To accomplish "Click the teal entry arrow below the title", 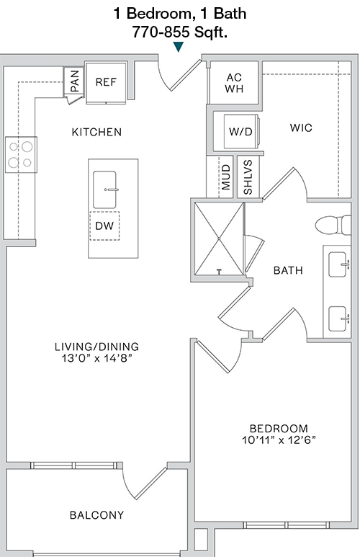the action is [x=179, y=47].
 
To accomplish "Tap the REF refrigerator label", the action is [x=106, y=82].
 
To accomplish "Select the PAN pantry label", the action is [x=75, y=81].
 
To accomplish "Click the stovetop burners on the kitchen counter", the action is [x=21, y=154].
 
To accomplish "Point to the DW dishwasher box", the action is [x=104, y=226].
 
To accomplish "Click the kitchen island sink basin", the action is [x=104, y=190].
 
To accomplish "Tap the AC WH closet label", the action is [x=234, y=83].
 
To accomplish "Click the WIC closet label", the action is [x=301, y=128].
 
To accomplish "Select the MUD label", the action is [x=226, y=177].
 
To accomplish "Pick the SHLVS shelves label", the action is [x=248, y=177].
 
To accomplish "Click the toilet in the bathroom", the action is [x=333, y=225].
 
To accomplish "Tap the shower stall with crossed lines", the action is [x=219, y=239].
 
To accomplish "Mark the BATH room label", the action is [x=288, y=271].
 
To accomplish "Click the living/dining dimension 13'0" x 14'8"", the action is [x=96, y=358].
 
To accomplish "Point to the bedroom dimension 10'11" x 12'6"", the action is [x=279, y=440].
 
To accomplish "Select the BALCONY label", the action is [x=96, y=515].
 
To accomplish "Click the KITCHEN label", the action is [x=96, y=132].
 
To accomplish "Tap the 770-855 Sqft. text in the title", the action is [x=180, y=32].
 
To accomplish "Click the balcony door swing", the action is [x=142, y=482].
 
